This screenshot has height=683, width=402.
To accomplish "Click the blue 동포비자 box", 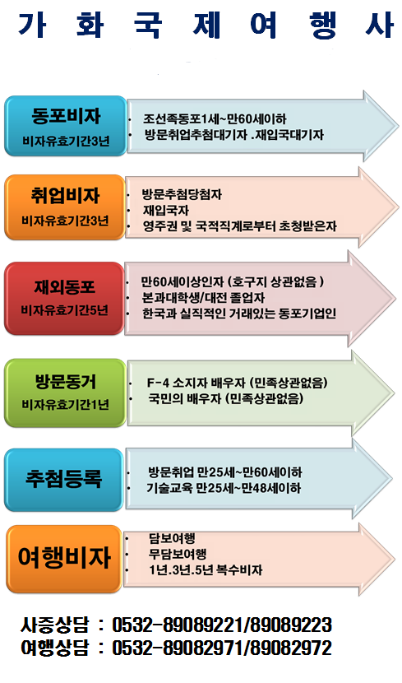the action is tap(65, 125).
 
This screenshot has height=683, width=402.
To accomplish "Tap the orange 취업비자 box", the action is tap(65, 207).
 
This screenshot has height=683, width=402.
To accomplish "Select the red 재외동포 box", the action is tap(64, 299).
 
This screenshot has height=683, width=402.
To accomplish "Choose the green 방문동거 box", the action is tap(65, 393).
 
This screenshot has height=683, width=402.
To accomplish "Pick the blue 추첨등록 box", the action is tap(64, 480).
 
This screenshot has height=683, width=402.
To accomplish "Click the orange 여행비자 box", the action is tap(64, 559).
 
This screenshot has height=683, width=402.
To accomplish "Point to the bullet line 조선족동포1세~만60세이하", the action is tap(215, 119).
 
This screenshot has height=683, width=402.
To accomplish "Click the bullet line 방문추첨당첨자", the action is tap(182, 194).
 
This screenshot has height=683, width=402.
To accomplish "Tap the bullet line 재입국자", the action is tap(166, 211).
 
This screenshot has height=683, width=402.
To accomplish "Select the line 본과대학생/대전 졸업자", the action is tap(203, 298).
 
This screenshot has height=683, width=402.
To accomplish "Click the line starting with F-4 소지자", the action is tap(237, 383).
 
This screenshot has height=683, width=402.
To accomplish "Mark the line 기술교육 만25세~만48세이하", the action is tap(224, 488).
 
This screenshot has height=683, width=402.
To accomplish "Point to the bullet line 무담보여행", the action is tap(178, 554).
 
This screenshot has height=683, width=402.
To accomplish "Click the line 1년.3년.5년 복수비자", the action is tap(206, 569).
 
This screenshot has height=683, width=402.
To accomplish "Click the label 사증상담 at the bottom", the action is tap(54, 625).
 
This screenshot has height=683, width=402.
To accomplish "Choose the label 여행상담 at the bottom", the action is tap(54, 648).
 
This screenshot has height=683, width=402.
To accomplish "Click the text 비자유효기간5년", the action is tap(64, 310).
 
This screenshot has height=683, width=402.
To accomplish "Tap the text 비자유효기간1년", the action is tap(65, 405).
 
